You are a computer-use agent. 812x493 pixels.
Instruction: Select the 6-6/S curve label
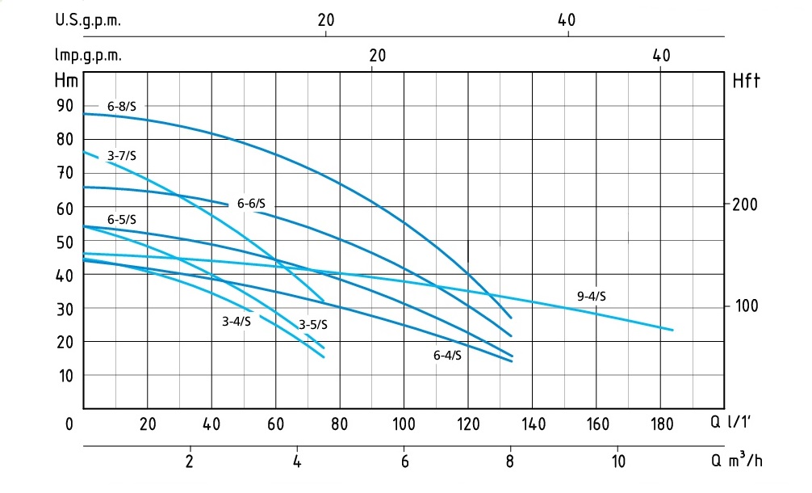251,204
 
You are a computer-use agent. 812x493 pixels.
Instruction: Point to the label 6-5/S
121,220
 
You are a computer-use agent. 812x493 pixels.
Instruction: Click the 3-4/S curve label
237,322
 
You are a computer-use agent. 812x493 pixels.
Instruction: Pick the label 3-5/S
313,325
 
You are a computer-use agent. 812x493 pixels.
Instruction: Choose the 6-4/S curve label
447,356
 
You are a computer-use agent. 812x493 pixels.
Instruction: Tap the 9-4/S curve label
592,297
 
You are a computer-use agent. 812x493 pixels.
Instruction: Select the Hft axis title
747,81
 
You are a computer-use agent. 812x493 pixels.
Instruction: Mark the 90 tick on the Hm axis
65,106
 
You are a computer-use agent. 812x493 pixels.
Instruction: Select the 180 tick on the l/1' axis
661,424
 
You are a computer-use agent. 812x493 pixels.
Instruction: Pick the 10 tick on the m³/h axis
617,462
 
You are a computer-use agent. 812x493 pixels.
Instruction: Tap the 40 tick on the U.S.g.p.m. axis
567,21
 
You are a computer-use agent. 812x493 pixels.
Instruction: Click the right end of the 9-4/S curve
672,330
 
